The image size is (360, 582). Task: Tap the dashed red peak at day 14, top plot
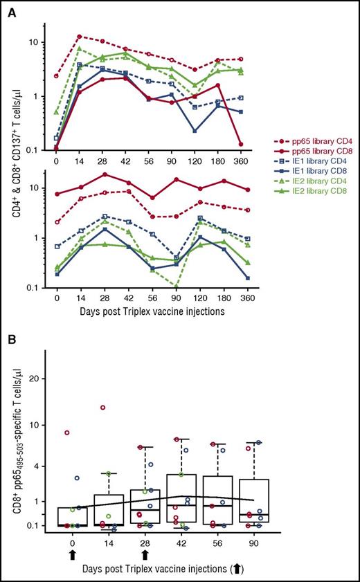80,36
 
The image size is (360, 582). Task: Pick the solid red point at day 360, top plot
259,144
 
